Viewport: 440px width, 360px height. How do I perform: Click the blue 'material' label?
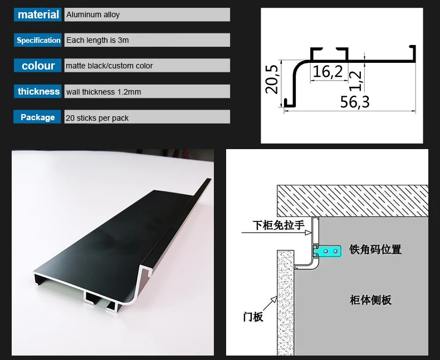[38, 15]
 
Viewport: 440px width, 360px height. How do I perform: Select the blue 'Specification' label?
[38, 40]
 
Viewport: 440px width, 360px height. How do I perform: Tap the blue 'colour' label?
[38, 66]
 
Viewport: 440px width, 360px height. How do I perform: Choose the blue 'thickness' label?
[38, 91]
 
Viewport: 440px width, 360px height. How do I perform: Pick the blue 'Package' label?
[38, 117]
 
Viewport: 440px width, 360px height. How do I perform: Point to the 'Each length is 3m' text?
[97, 40]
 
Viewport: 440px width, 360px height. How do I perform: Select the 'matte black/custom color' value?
[109, 66]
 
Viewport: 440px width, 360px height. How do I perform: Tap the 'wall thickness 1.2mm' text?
[104, 92]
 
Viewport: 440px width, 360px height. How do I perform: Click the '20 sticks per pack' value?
[97, 118]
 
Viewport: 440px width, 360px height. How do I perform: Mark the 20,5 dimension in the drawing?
[272, 78]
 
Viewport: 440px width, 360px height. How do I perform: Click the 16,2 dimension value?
[328, 71]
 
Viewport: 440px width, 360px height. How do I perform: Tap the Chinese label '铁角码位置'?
[375, 249]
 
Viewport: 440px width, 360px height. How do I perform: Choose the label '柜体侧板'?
[371, 300]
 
